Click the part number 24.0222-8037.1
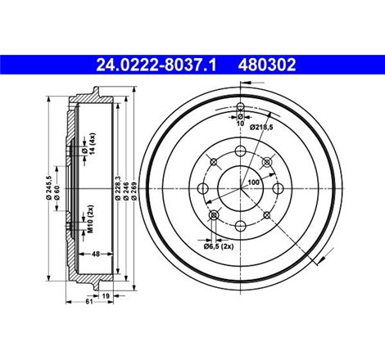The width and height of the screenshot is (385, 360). [156, 65]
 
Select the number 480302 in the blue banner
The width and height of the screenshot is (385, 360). [267, 65]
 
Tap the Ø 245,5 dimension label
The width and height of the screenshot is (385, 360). [49, 187]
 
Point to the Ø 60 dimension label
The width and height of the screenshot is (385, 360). [57, 192]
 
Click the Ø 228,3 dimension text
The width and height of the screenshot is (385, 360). [118, 188]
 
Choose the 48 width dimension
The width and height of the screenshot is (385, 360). [96, 254]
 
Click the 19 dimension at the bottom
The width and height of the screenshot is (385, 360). [106, 295]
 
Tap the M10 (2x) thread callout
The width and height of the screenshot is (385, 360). [91, 219]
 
